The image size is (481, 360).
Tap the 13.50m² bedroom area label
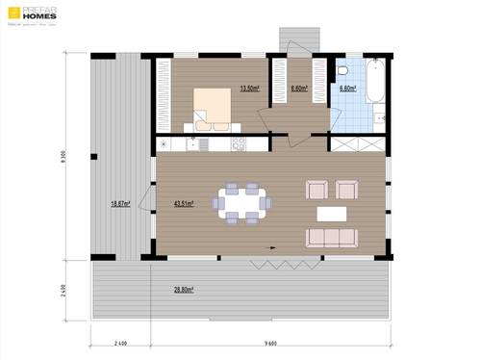coord(248,89)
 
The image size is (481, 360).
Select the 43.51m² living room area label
coord(183,204)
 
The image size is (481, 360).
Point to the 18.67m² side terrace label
coord(121,204)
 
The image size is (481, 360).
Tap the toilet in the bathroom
coord(343,72)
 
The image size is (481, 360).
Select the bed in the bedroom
coord(212,106)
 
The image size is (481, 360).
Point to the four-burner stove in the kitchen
coord(239,144)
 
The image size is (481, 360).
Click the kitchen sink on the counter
coord(197,144)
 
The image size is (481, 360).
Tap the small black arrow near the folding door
coord(273,247)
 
